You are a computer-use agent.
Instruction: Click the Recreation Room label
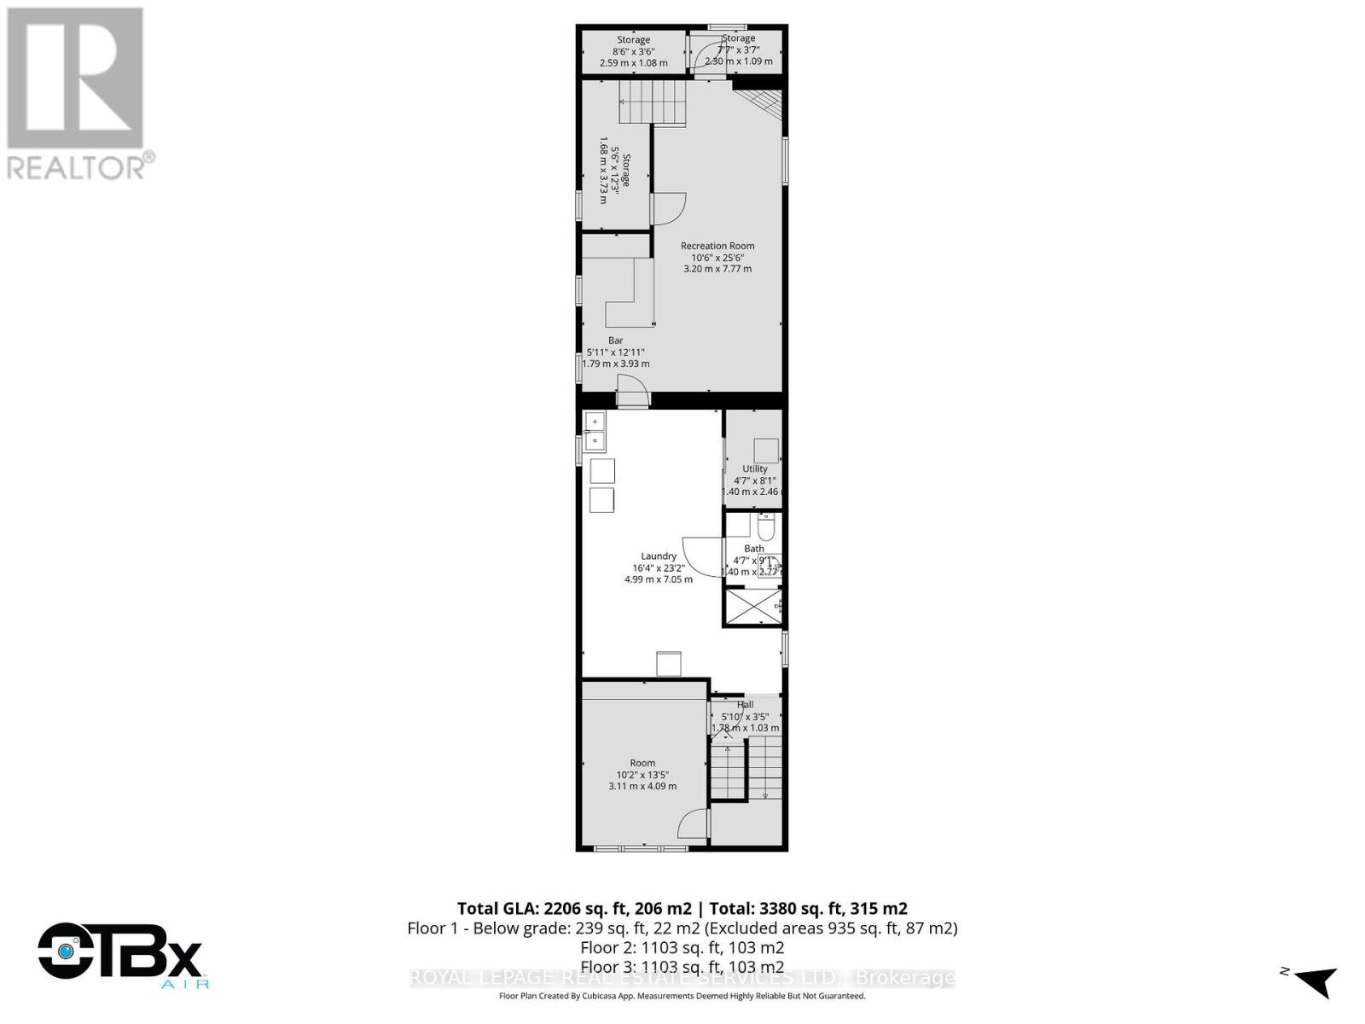point(717,246)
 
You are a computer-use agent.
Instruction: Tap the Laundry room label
point(659,556)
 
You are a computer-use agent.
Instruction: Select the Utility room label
point(754,468)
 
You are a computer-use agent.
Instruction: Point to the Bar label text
point(615,340)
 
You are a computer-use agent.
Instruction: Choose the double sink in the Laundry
point(595,431)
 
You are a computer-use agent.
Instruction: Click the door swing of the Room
point(693,824)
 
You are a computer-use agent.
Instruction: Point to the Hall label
point(745,705)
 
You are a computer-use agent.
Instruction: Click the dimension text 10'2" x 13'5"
point(642,775)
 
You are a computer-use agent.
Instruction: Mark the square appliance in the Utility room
point(766,451)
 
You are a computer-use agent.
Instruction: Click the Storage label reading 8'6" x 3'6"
point(633,51)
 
